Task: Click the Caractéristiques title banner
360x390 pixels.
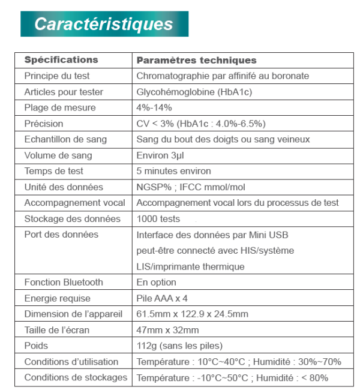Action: (x=104, y=24)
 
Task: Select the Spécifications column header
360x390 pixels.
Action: (x=61, y=60)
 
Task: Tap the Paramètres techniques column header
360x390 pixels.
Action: (x=196, y=60)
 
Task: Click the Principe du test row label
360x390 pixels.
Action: (x=57, y=76)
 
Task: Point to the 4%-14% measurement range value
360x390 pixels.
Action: (x=154, y=108)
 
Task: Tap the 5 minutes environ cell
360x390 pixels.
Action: (x=174, y=171)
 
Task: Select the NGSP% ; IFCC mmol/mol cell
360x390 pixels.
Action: (x=191, y=187)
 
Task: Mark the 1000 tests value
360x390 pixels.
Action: (x=158, y=219)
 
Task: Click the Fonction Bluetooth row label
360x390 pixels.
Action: (x=64, y=282)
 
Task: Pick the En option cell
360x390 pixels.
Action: (x=156, y=282)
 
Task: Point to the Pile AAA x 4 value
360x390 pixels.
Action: (x=162, y=298)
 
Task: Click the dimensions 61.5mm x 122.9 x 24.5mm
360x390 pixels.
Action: (x=192, y=314)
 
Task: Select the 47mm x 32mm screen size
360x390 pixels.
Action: (x=167, y=330)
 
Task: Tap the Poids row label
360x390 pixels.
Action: (x=36, y=346)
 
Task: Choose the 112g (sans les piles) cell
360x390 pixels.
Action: (x=179, y=346)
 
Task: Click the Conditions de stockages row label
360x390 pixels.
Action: (x=76, y=377)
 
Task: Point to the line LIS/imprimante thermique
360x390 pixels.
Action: (x=190, y=266)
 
